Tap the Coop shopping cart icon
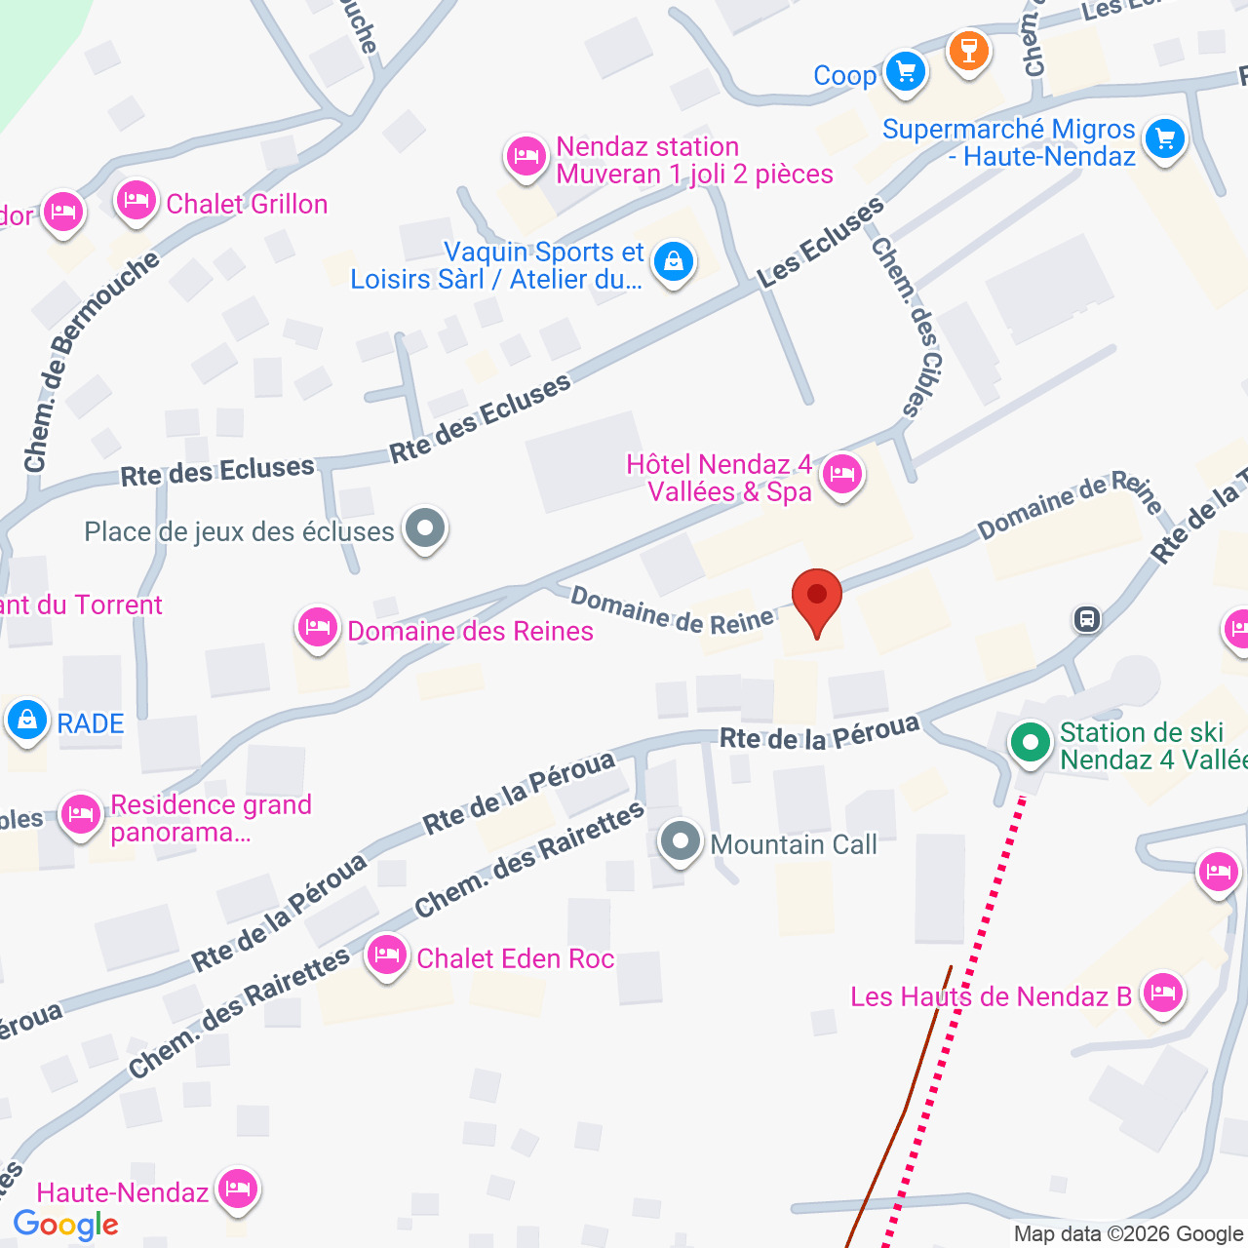click(906, 72)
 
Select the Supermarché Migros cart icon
click(1164, 138)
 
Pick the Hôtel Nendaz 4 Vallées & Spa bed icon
click(841, 476)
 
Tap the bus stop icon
click(1086, 619)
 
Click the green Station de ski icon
click(1029, 743)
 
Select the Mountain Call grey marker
click(681, 841)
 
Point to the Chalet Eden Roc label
click(515, 958)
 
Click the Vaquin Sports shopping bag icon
click(673, 261)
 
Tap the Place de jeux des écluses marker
click(424, 529)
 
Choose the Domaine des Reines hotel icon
click(318, 628)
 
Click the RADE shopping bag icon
click(27, 721)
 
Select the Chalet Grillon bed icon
click(136, 202)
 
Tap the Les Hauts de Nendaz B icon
click(1161, 994)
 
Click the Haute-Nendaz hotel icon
click(237, 1189)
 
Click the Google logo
click(66, 1225)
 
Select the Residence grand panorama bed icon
click(80, 814)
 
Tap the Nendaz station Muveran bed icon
click(526, 156)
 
